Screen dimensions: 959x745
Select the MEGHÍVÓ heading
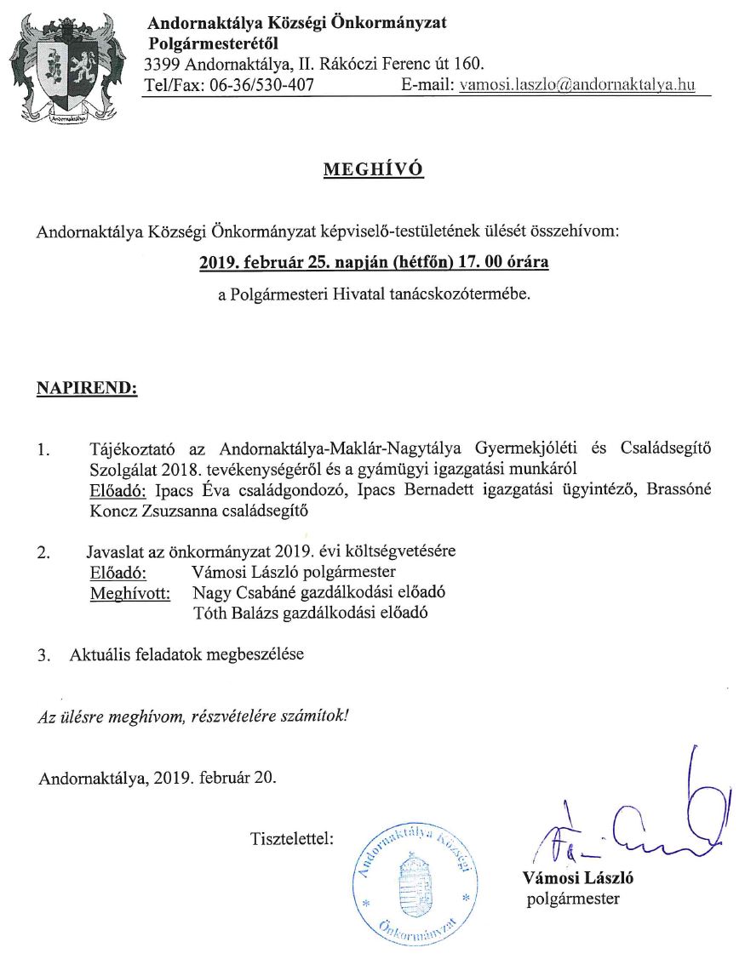click(373, 170)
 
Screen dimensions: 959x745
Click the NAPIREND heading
click(87, 389)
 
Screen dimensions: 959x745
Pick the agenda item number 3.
click(43, 656)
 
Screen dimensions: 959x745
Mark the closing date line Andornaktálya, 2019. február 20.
click(158, 777)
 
